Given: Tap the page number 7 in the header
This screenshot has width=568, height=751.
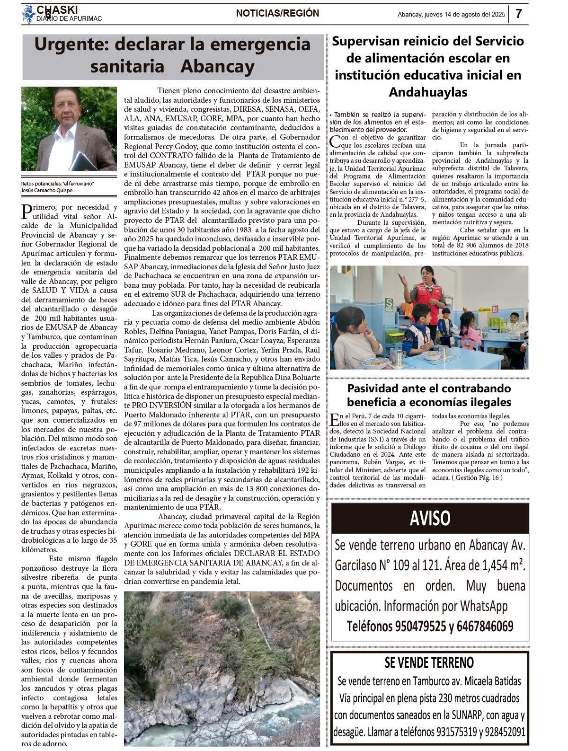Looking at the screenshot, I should pyautogui.click(x=519, y=14).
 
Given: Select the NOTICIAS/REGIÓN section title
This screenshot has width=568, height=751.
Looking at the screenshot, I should pyautogui.click(x=277, y=13).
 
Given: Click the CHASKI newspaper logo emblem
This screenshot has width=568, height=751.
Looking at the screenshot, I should pyautogui.click(x=28, y=14).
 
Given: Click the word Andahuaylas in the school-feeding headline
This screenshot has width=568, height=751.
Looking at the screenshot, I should pyautogui.click(x=428, y=92).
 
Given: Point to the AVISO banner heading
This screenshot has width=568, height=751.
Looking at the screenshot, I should pyautogui.click(x=430, y=518).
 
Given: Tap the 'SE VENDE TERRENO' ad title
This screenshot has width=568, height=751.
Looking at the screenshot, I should pyautogui.click(x=429, y=662).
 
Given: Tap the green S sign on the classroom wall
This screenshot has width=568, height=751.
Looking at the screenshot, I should pyautogui.click(x=389, y=302).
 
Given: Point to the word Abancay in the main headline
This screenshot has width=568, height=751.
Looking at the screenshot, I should pyautogui.click(x=217, y=66).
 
